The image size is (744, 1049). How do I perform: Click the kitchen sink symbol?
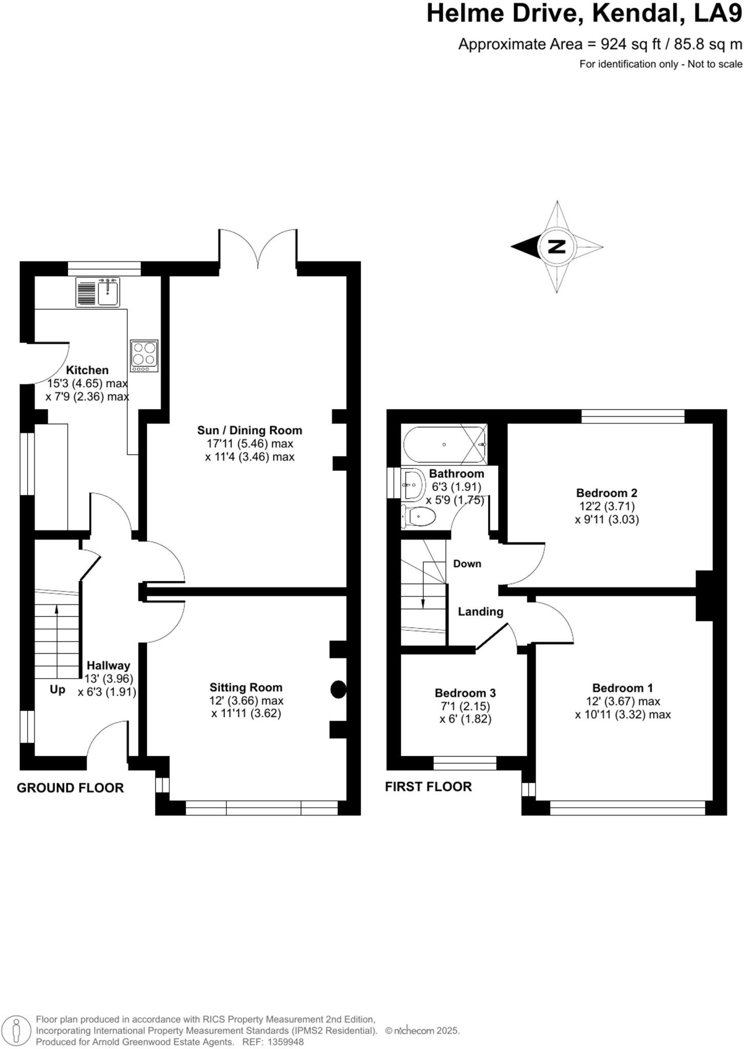pyautogui.click(x=98, y=292)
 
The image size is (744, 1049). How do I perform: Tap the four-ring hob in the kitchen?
pyautogui.click(x=144, y=355)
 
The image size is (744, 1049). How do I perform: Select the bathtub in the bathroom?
pyautogui.click(x=444, y=444)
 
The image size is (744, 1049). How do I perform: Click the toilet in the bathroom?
pyautogui.click(x=420, y=516)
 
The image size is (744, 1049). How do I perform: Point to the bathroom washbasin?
pyautogui.click(x=413, y=485)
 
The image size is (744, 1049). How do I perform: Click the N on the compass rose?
pyautogui.click(x=557, y=247)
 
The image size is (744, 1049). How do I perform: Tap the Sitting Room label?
pyautogui.click(x=246, y=687)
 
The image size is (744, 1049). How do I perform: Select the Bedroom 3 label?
pyautogui.click(x=465, y=693)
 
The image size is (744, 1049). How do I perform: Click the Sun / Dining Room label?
pyautogui.click(x=250, y=430)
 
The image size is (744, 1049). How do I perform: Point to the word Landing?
pyautogui.click(x=480, y=612)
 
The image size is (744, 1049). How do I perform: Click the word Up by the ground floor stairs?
pyautogui.click(x=57, y=689)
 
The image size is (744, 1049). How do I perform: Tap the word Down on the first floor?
pyautogui.click(x=467, y=563)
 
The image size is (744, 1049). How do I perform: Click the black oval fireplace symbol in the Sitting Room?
pyautogui.click(x=338, y=689)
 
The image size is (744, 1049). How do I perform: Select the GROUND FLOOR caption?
pyautogui.click(x=70, y=788)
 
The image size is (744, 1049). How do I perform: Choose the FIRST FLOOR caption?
pyautogui.click(x=428, y=786)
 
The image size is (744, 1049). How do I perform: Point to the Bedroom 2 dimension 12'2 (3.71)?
pyautogui.click(x=607, y=506)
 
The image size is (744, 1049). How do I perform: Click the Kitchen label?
pyautogui.click(x=88, y=370)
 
